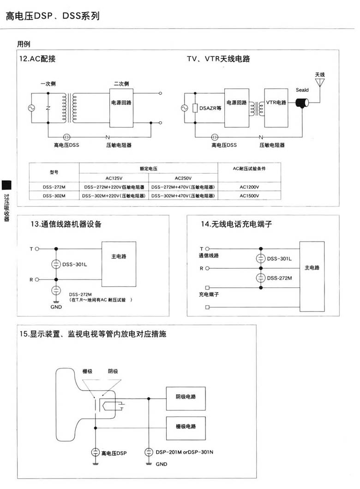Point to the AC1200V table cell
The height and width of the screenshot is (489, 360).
coord(249,187)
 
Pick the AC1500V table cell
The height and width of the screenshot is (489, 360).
coord(249,196)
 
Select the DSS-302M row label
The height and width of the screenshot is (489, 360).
coord(54,196)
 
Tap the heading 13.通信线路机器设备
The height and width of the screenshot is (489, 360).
coord(66,224)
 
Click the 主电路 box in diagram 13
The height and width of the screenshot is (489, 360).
coord(119,264)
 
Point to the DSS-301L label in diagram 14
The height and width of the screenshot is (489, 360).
coord(279,259)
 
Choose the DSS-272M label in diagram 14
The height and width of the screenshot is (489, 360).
coord(279,278)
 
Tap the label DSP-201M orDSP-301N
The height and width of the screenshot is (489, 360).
coord(185,452)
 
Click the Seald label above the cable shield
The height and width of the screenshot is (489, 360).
coord(302,91)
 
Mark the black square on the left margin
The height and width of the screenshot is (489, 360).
coord(6,185)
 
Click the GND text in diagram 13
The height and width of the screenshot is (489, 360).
coord(55,307)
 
